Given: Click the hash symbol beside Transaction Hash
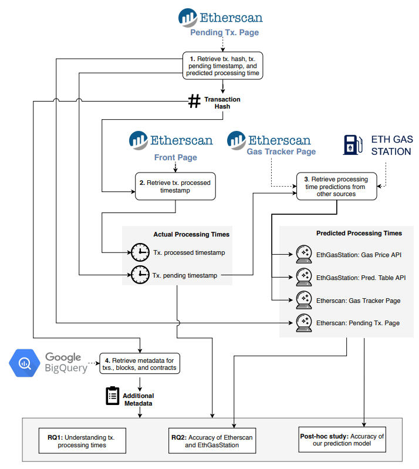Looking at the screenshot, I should [x=194, y=102].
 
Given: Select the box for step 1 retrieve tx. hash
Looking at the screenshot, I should [x=222, y=65].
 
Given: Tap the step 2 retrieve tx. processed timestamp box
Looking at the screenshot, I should [x=175, y=186].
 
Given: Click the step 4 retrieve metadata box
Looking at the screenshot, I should [x=140, y=364].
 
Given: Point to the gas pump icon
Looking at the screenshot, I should [x=351, y=145].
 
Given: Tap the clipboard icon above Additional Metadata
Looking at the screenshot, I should [x=112, y=396].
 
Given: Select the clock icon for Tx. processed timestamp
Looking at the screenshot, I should [x=140, y=252].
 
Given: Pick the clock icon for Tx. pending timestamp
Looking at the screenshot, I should [x=140, y=274].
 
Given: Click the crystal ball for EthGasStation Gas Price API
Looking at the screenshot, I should [x=303, y=255].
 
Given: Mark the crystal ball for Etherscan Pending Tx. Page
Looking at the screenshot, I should [x=303, y=322].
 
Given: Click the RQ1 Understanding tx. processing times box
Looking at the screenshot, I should [x=82, y=441].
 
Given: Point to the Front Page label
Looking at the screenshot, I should [x=175, y=157].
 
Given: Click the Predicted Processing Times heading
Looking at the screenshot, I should [x=359, y=233].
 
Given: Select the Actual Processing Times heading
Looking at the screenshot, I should [x=191, y=234].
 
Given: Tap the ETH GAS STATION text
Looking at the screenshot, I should [x=391, y=145].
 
